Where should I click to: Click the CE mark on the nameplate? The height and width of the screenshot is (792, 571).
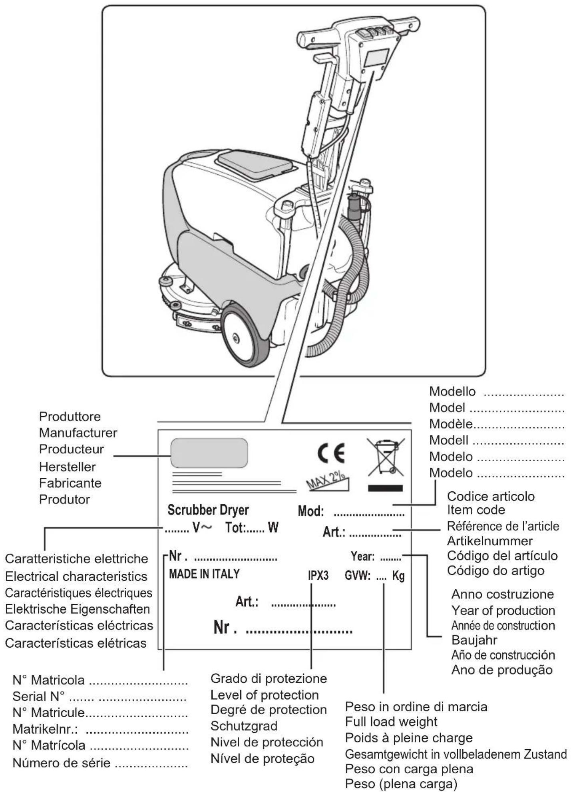tap(331, 453)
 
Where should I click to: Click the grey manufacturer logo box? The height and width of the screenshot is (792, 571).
tap(209, 453)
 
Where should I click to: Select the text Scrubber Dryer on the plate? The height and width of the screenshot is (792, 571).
tap(208, 510)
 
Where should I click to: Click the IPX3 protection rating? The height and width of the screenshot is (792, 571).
tap(318, 576)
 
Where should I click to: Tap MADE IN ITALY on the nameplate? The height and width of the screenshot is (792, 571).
tap(204, 574)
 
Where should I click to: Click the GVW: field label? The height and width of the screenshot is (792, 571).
tap(358, 576)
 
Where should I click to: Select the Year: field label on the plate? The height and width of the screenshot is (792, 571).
tap(362, 556)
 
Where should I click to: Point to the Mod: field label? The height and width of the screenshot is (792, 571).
tap(311, 511)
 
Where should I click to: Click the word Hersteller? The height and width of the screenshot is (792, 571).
tap(68, 467)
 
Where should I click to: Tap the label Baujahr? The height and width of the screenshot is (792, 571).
tap(474, 640)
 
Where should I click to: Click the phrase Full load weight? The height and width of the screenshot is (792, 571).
tap(391, 722)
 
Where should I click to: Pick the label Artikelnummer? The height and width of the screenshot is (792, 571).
tap(489, 541)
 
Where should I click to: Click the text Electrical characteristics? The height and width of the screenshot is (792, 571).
tap(76, 576)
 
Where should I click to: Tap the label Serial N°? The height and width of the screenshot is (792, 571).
tap(38, 696)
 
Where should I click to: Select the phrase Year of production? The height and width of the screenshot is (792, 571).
tap(503, 610)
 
